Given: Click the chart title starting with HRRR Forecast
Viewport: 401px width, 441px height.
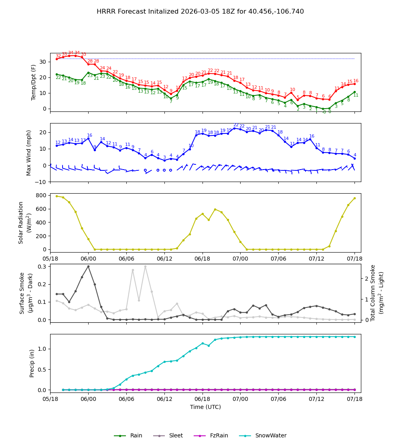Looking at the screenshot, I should click(x=200, y=12).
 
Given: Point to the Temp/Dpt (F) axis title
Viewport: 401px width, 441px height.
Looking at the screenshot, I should click(x=34, y=82).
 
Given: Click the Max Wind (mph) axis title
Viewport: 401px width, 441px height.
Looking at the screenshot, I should click(x=29, y=152).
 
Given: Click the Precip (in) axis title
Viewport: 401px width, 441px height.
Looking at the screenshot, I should click(x=32, y=363).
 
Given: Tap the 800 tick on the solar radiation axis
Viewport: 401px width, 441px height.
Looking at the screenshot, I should click(x=41, y=196).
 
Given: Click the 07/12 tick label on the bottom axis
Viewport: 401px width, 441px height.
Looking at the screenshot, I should click(x=316, y=399).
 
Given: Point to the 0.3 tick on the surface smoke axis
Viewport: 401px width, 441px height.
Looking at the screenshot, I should click(x=41, y=267).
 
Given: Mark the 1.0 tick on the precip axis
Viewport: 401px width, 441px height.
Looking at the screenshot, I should click(x=42, y=349).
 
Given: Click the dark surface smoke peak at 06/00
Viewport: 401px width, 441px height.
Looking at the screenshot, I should click(x=88, y=266).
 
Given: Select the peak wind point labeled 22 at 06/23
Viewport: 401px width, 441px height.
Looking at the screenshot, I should click(x=234, y=128).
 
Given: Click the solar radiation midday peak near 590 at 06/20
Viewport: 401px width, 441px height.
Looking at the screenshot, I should click(x=215, y=209).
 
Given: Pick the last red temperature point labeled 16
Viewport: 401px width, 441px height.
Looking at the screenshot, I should click(x=354, y=84).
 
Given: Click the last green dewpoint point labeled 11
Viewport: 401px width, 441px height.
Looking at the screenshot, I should click(x=354, y=92).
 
